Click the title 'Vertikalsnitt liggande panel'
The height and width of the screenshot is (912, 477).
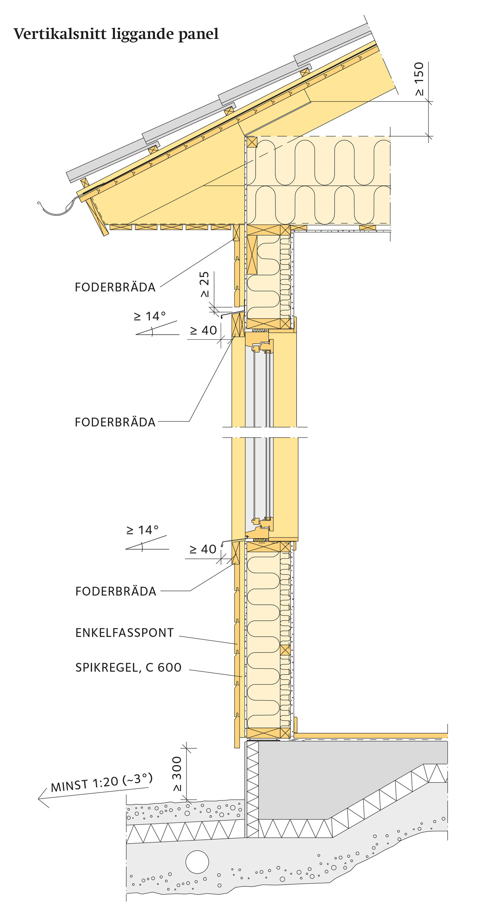pos(116,34)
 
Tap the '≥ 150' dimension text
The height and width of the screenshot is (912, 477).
pos(419,79)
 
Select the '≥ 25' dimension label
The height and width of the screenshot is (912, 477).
pos(204,285)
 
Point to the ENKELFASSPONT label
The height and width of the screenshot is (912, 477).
pos(124,633)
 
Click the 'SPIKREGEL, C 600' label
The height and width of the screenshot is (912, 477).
pos(128,667)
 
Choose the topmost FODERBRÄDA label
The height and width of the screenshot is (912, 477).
pos(115,287)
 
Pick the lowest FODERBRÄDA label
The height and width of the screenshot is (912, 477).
pos(116,591)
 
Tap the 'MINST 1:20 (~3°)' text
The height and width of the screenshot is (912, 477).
pos(102,782)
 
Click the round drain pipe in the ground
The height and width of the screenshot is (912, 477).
pos(197,862)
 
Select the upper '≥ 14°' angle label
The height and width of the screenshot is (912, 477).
pos(150,316)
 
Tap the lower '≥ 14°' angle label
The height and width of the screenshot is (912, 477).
pos(142,530)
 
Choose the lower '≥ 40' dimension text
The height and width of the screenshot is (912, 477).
pos(203,549)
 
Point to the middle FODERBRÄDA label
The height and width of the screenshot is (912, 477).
pos(115,422)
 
